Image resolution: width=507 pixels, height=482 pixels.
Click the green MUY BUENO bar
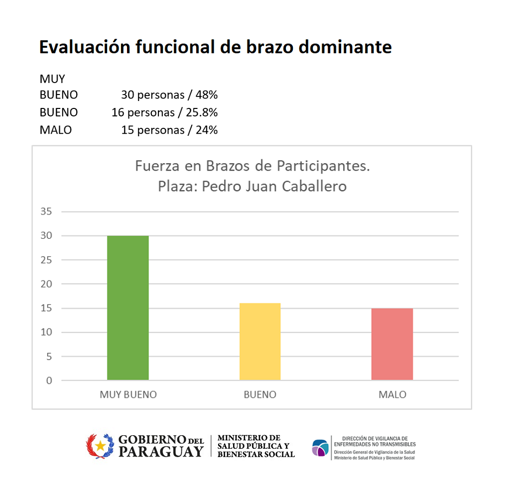click(128, 308)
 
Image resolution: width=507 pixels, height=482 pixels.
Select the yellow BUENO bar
click(260, 342)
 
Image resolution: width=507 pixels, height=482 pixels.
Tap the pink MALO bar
click(392, 344)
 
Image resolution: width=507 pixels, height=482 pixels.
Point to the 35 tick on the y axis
click(46, 211)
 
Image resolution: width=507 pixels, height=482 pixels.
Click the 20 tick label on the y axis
click(46, 284)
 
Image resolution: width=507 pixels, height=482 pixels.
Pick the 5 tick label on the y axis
click(49, 357)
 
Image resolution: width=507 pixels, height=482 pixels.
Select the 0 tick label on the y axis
click(49, 381)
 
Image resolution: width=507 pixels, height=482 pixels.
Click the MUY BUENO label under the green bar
click(128, 394)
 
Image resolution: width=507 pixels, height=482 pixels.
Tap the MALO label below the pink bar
click(392, 394)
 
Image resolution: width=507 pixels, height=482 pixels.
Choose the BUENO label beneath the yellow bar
click(260, 394)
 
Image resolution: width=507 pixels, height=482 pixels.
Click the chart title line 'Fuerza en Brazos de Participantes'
click(253, 166)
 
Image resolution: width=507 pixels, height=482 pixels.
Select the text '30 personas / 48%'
click(169, 95)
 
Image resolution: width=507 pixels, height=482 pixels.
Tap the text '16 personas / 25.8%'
click(164, 112)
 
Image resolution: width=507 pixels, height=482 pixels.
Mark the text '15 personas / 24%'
click(169, 130)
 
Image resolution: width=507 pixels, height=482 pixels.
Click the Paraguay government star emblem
click(101, 446)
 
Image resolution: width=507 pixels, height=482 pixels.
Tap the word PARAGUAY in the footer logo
click(161, 451)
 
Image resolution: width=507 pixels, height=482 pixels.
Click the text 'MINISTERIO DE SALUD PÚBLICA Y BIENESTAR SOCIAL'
click(256, 446)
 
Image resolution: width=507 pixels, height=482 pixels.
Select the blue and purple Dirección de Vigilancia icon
click(320, 448)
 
